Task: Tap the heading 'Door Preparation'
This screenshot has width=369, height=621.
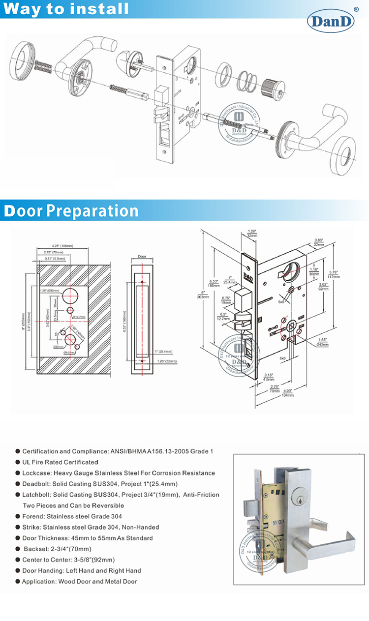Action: click(71, 210)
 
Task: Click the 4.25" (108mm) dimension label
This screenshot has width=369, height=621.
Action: click(62, 245)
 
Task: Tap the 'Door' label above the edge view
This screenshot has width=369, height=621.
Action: click(142, 257)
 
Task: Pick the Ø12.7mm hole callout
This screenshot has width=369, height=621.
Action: click(80, 317)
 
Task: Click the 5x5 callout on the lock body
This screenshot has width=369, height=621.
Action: click(281, 301)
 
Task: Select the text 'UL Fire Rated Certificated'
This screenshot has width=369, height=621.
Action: click(60, 462)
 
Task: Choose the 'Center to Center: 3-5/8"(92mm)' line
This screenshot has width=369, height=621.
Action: click(68, 560)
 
